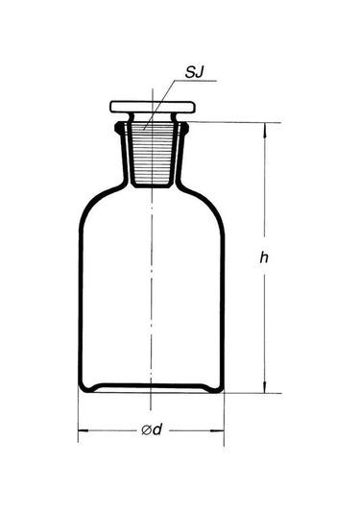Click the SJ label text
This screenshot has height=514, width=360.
click(194, 72)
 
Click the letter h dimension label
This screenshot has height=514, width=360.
click(264, 257)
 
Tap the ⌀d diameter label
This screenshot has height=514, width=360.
click(152, 429)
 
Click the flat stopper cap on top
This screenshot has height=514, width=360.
click(153, 107)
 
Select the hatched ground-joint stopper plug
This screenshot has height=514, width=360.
click(152, 154)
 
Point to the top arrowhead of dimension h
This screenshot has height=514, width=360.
click(265, 129)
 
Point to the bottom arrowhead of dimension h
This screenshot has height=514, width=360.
click(265, 387)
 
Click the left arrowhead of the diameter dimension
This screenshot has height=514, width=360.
click(84, 430)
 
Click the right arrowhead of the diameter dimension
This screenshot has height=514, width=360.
click(218, 430)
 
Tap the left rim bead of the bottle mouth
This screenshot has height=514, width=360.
click(118, 128)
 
